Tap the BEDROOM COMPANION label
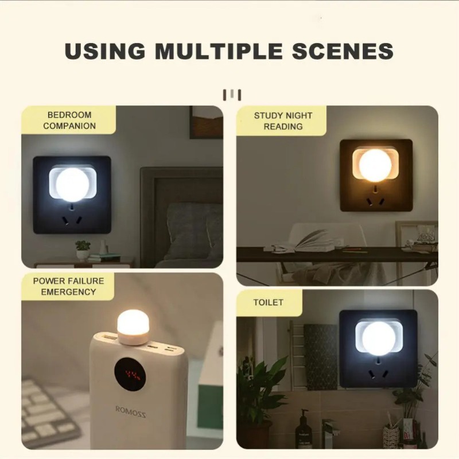point(69,120)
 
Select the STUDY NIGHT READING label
point(283,120)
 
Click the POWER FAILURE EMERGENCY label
point(68,286)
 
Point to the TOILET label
point(269,302)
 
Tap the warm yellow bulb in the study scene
point(376,166)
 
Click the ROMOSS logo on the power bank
point(131,411)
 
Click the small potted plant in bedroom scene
point(83,249)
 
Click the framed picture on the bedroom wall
point(206,122)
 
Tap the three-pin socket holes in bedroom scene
point(72,220)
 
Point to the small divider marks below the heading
point(232,94)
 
